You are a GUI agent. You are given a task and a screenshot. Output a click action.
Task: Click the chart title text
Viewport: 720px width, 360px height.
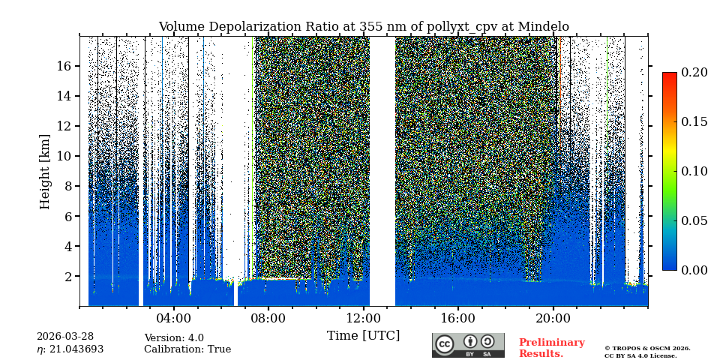click(x=364, y=27)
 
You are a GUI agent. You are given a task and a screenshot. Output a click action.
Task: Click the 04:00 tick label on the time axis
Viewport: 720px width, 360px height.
click(x=173, y=318)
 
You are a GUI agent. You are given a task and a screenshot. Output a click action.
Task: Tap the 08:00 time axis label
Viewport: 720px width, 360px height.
click(x=268, y=318)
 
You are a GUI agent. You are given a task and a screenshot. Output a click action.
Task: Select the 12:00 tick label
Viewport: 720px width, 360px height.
click(x=364, y=318)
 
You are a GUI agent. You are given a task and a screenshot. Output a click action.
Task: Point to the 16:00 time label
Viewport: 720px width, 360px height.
click(x=458, y=318)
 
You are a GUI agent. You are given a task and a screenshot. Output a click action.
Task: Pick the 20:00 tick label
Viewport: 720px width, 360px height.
click(x=553, y=318)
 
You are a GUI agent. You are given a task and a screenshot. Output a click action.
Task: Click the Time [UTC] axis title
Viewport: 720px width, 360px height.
click(x=364, y=335)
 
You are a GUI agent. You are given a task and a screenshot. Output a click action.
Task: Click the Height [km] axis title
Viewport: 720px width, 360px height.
click(x=45, y=171)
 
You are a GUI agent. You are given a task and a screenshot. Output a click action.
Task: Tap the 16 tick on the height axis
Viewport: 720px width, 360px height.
click(x=63, y=66)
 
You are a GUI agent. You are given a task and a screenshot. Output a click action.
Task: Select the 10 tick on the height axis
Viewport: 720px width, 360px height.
click(x=63, y=156)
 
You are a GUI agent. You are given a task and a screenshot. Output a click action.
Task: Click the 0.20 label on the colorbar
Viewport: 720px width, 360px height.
click(x=694, y=72)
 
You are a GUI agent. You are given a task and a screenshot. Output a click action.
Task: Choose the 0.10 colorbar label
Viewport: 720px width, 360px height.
click(x=694, y=171)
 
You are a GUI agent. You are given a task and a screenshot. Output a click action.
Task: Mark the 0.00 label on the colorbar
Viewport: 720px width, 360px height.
click(x=694, y=270)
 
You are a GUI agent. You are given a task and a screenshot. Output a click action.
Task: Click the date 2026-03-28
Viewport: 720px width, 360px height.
click(x=66, y=337)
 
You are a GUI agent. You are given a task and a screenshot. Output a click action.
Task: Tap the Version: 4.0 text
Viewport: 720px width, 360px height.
click(x=174, y=338)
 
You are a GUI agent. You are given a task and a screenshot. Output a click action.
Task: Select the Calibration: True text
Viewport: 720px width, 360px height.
click(x=187, y=349)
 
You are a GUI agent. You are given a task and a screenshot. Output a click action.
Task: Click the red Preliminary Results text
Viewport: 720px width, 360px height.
click(x=551, y=348)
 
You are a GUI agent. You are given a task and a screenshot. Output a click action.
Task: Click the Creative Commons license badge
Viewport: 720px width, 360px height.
click(x=468, y=345)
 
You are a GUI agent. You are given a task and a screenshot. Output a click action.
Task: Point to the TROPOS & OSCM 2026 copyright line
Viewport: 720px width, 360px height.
click(x=647, y=348)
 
